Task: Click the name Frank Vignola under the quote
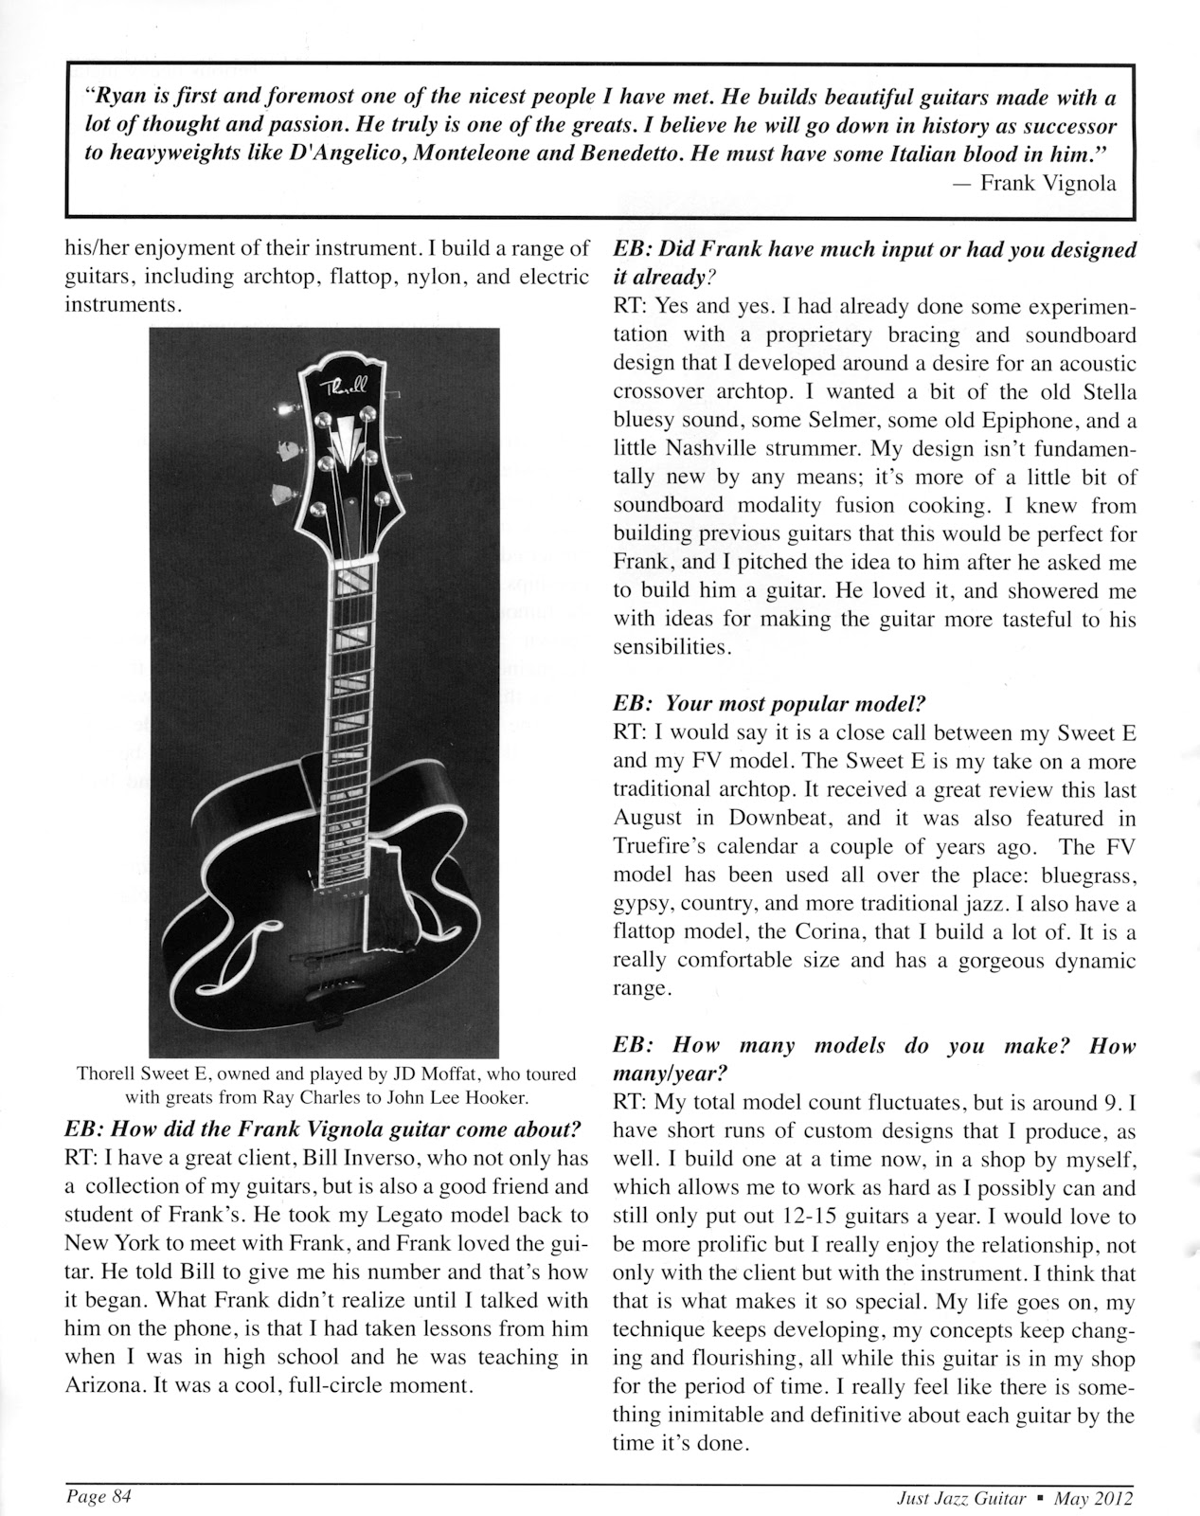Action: [1048, 184]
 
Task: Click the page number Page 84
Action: [98, 1496]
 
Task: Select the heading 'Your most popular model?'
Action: [795, 704]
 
